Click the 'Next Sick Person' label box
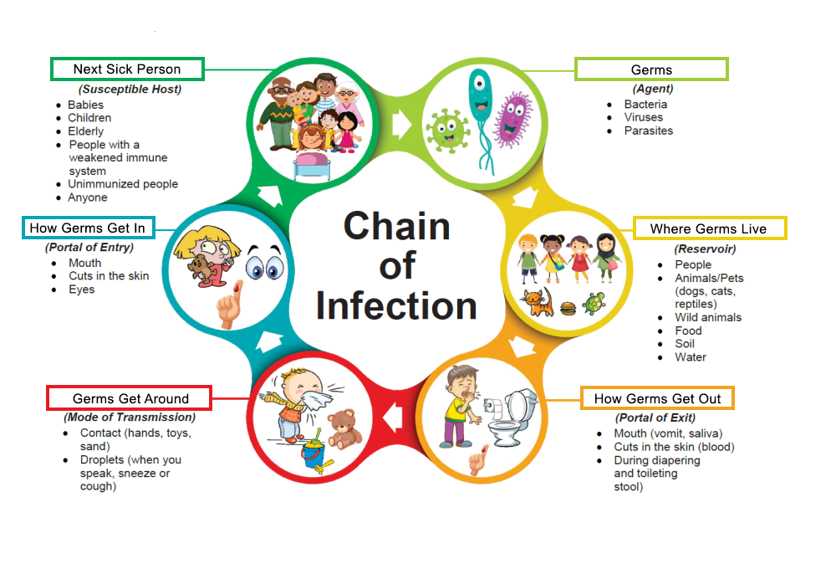[x=127, y=69]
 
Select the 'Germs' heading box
[x=651, y=69]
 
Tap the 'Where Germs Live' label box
[x=709, y=228]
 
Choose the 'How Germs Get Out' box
[x=658, y=398]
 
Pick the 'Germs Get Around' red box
[x=130, y=398]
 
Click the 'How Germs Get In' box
[x=87, y=228]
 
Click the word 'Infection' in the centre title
[x=396, y=305]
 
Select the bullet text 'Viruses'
[x=644, y=118]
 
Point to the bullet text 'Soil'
[x=685, y=344]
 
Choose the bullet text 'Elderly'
[x=85, y=131]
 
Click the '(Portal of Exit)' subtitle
[x=655, y=418]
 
